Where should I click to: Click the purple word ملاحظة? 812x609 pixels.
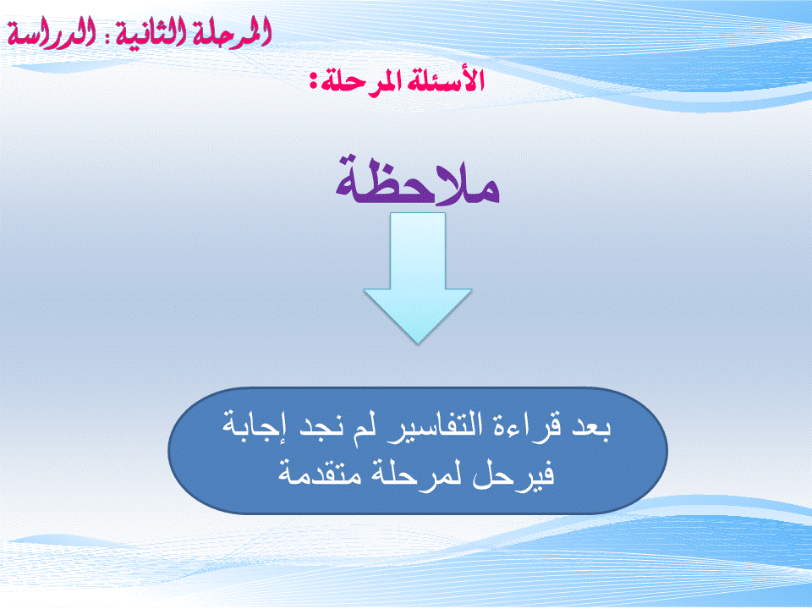pos(417,181)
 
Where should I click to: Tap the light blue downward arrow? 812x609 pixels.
pos(417,278)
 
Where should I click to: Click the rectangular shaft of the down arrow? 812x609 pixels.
pos(417,251)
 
